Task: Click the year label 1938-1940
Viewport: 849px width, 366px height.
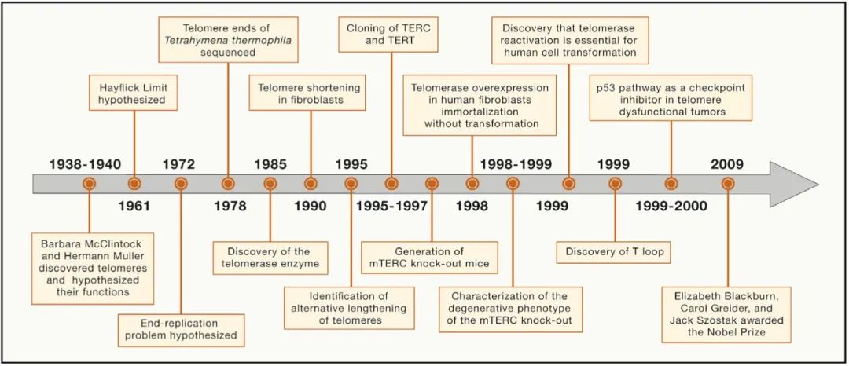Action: pos(85,165)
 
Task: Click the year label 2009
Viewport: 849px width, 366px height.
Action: pos(727,165)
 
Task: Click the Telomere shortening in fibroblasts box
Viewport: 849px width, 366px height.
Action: pos(309,93)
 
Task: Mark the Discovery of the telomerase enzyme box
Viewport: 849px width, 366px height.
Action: pos(270,258)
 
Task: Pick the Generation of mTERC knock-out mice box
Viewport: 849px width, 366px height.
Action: pos(429,258)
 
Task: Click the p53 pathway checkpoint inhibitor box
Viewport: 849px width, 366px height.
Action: pos(671,99)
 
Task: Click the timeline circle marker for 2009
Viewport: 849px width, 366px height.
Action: pos(728,184)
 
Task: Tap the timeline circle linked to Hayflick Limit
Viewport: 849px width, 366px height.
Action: pos(134,184)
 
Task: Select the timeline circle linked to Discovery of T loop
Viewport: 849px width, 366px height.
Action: pos(615,184)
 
